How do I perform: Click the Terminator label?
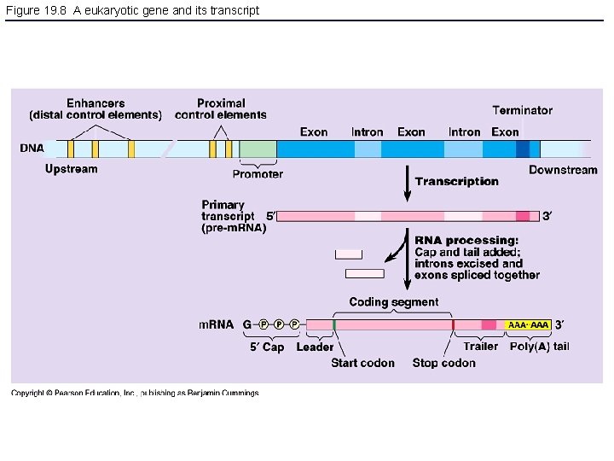(x=522, y=110)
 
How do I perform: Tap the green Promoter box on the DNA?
(x=258, y=149)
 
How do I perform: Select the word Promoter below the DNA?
(x=258, y=174)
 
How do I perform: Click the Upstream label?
(x=71, y=169)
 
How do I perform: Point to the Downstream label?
(x=563, y=170)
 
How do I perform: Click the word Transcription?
(x=456, y=181)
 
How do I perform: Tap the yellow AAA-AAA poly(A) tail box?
(x=528, y=325)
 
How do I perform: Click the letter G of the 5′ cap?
(x=247, y=325)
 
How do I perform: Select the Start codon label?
(x=362, y=363)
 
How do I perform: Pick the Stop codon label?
(x=443, y=363)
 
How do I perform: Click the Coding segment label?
(x=393, y=302)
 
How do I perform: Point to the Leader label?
(x=315, y=347)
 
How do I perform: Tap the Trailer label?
(x=480, y=347)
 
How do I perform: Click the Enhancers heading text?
(x=96, y=103)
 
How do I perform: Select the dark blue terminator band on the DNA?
(x=523, y=149)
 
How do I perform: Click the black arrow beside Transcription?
(x=407, y=184)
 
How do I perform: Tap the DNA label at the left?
(x=32, y=149)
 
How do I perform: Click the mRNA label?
(x=216, y=325)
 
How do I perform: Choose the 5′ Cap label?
(x=266, y=347)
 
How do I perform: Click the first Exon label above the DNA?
(x=314, y=131)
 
